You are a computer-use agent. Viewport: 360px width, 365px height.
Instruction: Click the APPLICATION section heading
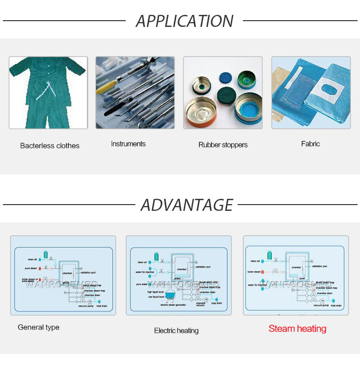point(185,21)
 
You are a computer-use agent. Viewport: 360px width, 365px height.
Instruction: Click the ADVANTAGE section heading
point(187,205)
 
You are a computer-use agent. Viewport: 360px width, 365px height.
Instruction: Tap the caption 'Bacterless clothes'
point(50,146)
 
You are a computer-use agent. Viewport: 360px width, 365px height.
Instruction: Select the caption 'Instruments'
point(128,144)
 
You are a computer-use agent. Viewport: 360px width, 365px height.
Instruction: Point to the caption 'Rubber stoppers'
point(223,145)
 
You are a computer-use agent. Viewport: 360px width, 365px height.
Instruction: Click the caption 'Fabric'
point(311,144)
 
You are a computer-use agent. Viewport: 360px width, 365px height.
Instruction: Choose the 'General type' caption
point(38,327)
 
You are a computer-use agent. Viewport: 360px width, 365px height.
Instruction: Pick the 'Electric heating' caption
point(176,330)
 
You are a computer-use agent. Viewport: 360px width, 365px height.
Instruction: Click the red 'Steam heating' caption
point(298,329)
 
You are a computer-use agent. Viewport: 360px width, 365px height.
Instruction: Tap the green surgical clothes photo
point(48,92)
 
